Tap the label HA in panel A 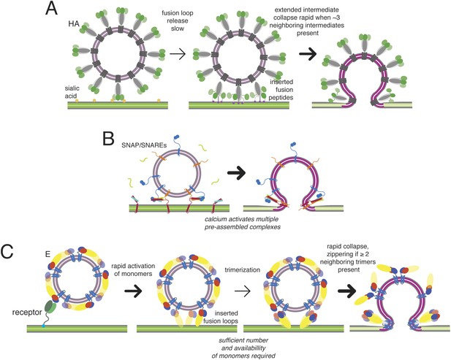pyautogui.click(x=74, y=24)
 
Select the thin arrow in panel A pyautogui.click(x=178, y=54)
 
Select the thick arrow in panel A pyautogui.click(x=308, y=54)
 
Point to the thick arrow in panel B pyautogui.click(x=236, y=173)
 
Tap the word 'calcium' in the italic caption pyautogui.click(x=214, y=219)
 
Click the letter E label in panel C pyautogui.click(x=48, y=254)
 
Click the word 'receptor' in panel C pyautogui.click(x=27, y=313)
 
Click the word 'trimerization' pyautogui.click(x=243, y=269)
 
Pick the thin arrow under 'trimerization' pyautogui.click(x=243, y=291)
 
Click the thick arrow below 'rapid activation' pyautogui.click(x=134, y=291)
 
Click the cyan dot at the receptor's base pyautogui.click(x=43, y=326)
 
